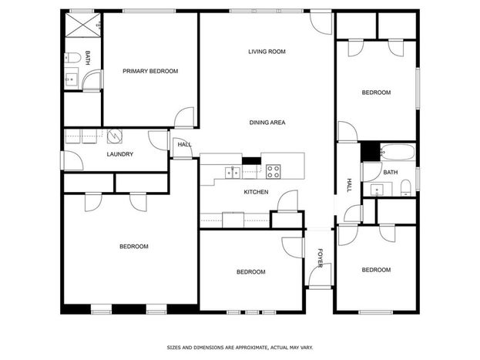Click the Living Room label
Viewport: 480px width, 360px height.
[x=267, y=52]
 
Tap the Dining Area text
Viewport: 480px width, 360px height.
[x=267, y=123]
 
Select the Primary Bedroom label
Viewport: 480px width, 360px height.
[x=150, y=71]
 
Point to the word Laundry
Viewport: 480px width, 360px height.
[x=120, y=154]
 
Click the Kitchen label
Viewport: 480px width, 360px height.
[x=256, y=192]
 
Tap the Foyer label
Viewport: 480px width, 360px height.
[x=321, y=258]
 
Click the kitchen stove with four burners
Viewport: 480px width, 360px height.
[x=273, y=172]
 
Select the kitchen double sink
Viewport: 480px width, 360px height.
[x=233, y=173]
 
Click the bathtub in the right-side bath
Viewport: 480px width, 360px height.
[x=398, y=152]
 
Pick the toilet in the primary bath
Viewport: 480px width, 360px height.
[x=72, y=58]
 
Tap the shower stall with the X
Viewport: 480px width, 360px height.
[x=82, y=25]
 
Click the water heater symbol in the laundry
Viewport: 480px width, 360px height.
[x=115, y=136]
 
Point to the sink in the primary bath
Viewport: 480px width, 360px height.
[x=71, y=79]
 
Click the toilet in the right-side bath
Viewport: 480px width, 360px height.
[x=405, y=188]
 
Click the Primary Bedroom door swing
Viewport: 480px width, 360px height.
[x=184, y=117]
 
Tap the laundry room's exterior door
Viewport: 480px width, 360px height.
[x=72, y=160]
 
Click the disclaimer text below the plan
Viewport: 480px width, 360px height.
[x=240, y=348]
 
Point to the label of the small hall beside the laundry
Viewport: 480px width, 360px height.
[x=185, y=144]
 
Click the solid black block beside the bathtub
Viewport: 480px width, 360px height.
[x=371, y=152]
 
